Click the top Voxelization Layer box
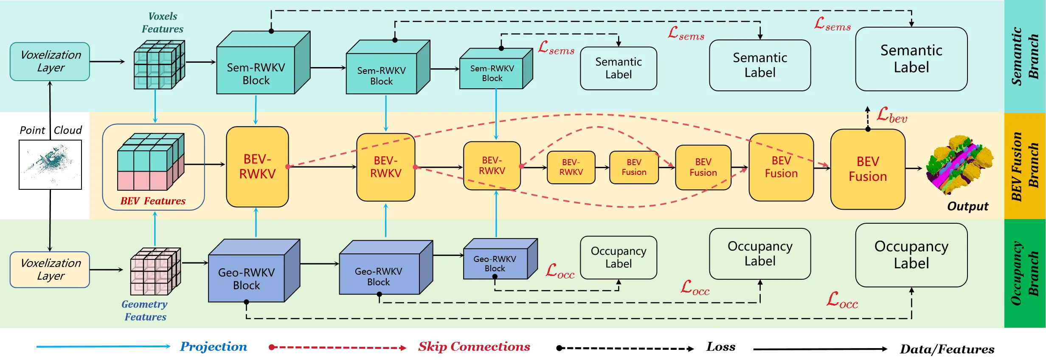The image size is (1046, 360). click(50, 62)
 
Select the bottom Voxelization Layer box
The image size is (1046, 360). click(50, 270)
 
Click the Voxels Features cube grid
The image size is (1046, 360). click(159, 65)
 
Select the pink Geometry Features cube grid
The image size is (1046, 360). click(155, 272)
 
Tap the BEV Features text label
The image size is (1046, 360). click(153, 201)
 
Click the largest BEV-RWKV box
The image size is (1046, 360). click(257, 167)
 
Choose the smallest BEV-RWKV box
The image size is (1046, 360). click(571, 167)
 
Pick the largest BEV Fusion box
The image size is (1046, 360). click(868, 169)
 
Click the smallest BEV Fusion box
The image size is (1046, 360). click(634, 167)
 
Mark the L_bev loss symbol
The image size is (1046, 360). click(892, 115)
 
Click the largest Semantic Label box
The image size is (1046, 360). click(911, 59)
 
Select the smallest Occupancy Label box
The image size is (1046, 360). click(618, 257)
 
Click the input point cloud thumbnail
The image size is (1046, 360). click(50, 165)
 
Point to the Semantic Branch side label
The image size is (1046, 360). click(1024, 56)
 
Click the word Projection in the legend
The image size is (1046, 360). click(213, 347)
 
